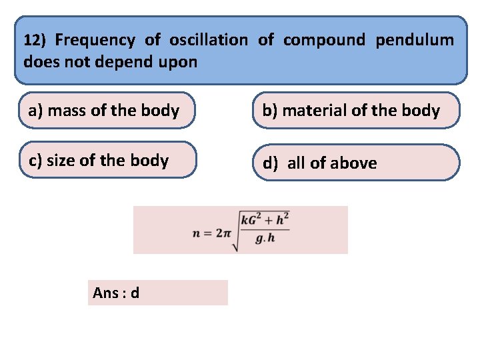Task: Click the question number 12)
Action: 35,40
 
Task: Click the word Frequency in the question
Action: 94,40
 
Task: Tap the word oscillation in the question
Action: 208,40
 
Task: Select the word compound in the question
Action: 324,40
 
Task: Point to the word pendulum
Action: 415,40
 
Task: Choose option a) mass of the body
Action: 107,111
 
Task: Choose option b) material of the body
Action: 356,111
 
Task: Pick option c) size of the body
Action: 108,160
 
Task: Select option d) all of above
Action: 356,163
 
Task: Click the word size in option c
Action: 62,160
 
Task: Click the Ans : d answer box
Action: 157,293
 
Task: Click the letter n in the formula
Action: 196,233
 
